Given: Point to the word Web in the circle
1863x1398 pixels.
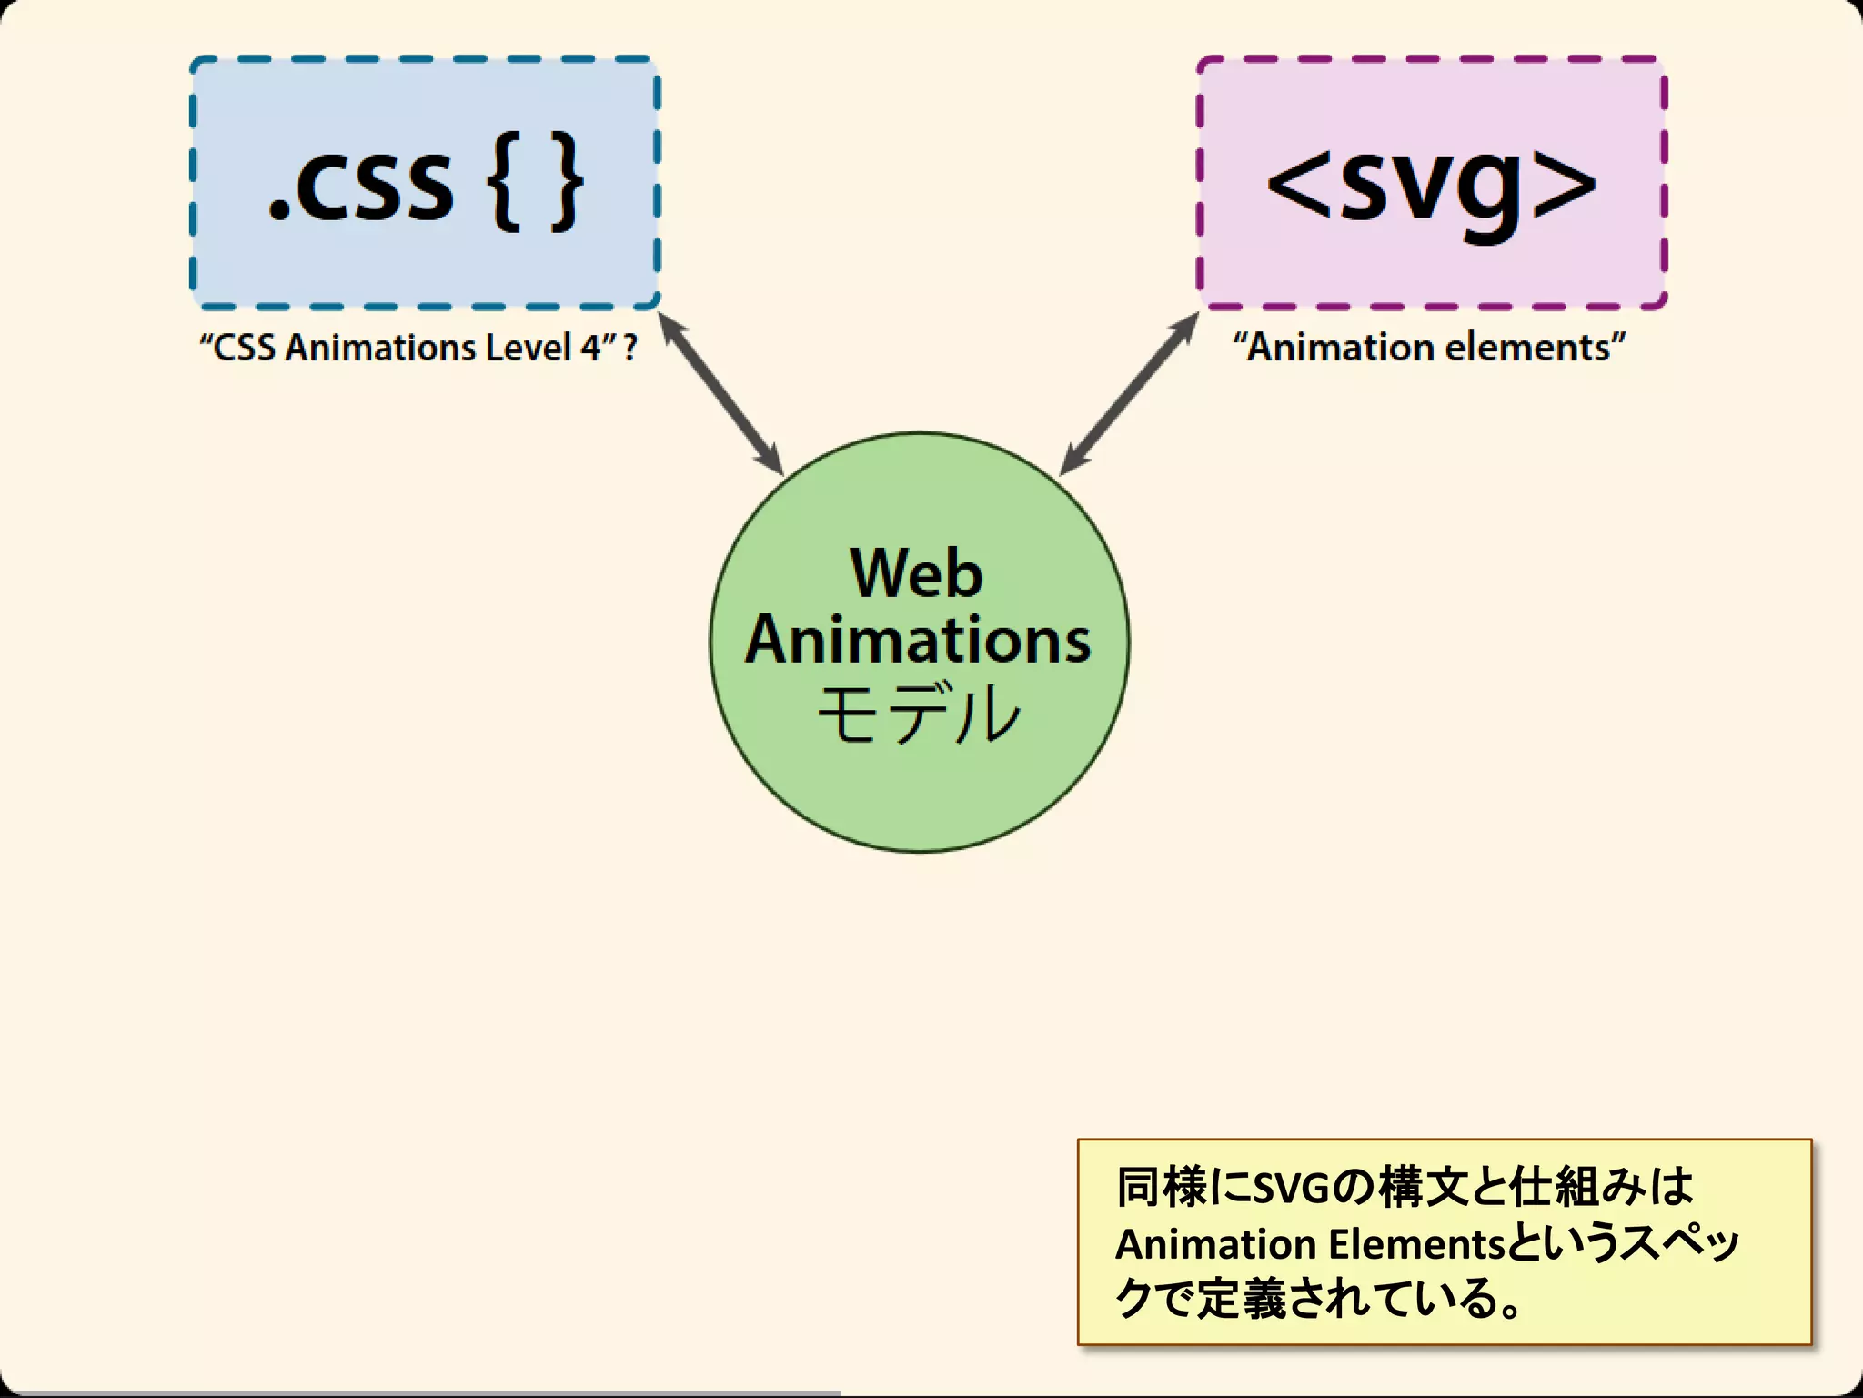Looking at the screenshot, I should [917, 573].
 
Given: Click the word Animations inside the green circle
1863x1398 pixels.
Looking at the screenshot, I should [918, 640].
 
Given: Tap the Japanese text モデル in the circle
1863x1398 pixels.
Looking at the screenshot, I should [919, 714].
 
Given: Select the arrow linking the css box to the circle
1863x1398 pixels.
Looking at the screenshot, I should [720, 393].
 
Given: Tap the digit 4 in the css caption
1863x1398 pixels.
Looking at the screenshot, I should [589, 348].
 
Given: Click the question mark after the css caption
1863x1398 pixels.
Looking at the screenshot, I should [629, 348].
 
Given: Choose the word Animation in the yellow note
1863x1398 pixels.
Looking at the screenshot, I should [1215, 1244].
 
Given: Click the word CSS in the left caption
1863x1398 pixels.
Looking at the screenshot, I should [244, 348].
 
